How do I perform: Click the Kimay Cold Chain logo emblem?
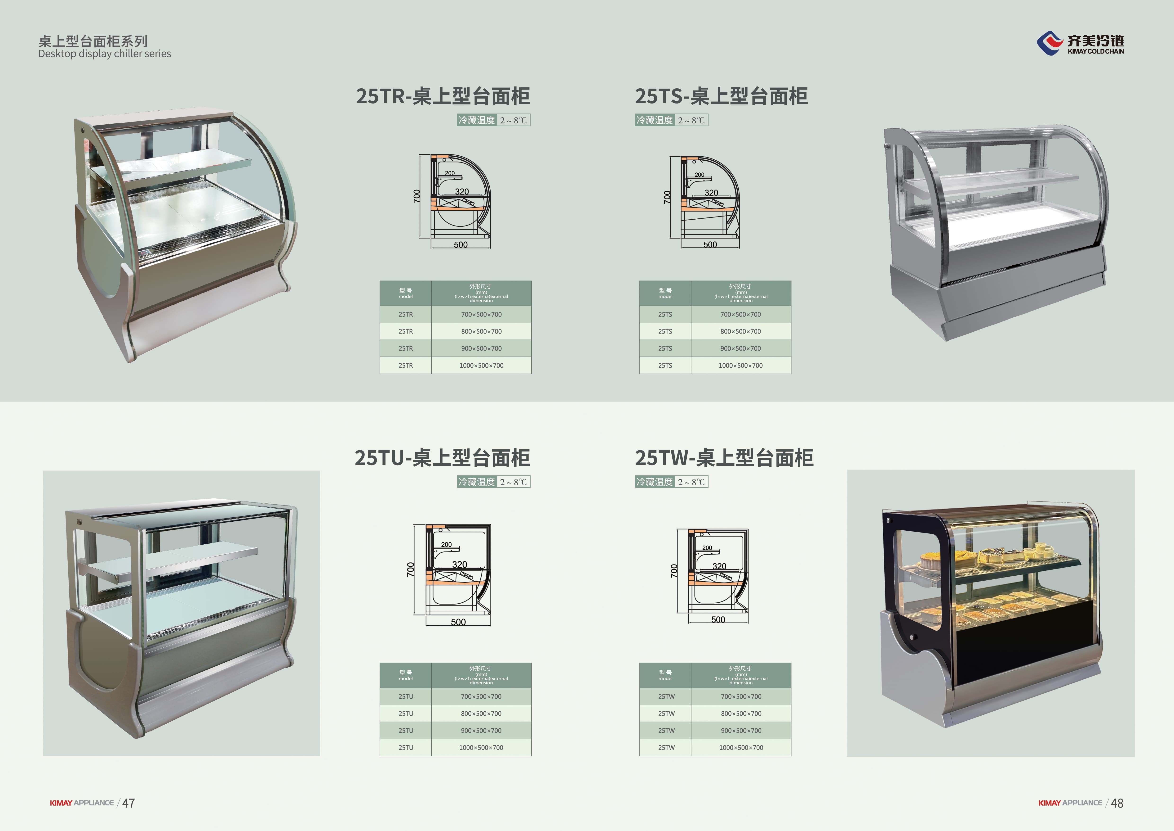tap(1050, 43)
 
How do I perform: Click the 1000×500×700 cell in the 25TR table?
tap(481, 365)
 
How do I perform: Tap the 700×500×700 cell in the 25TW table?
tap(741, 696)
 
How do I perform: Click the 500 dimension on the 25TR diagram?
tap(461, 245)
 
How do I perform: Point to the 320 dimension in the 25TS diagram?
tap(711, 192)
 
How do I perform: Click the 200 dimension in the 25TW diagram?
tap(707, 547)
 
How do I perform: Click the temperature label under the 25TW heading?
tap(671, 482)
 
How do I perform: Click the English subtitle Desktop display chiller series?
tap(105, 54)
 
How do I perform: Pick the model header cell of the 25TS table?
tap(665, 293)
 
